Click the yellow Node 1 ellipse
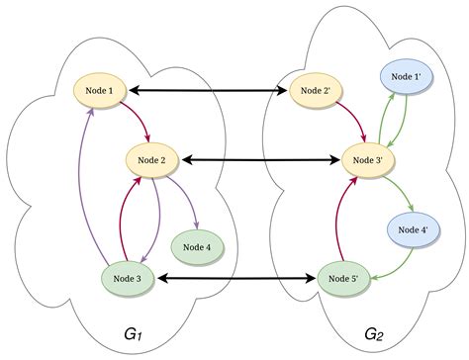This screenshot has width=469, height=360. pos(103,92)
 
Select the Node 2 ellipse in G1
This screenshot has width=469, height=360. pos(151,158)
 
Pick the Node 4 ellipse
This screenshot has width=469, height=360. pos(197,246)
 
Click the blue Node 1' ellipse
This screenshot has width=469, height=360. pos(406,75)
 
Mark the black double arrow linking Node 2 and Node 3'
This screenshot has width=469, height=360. pos(259,158)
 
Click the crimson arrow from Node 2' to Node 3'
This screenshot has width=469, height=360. pos(348,121)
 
